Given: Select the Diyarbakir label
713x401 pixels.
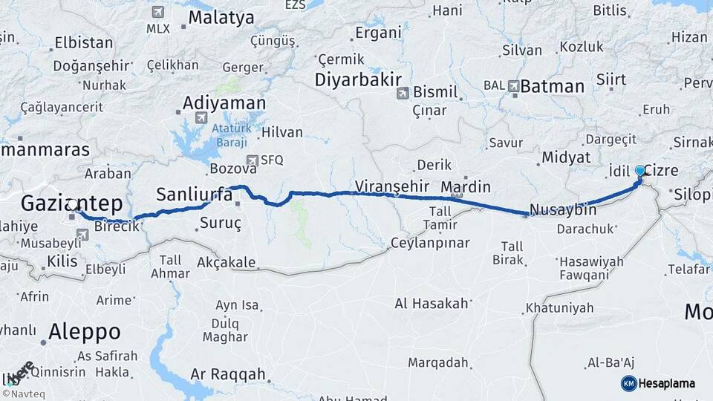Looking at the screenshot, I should pyautogui.click(x=358, y=79).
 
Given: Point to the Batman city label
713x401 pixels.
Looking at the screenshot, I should pyautogui.click(x=552, y=86).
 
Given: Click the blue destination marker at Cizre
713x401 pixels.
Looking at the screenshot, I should pyautogui.click(x=639, y=171).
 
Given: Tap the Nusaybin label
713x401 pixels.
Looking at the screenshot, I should pyautogui.click(x=564, y=210).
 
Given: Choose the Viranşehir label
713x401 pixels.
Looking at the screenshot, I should pyautogui.click(x=393, y=185).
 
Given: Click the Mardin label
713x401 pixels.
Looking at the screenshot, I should pyautogui.click(x=466, y=186).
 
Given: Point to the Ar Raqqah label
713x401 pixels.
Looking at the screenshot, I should pyautogui.click(x=227, y=375).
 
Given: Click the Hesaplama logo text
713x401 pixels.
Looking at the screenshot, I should pyautogui.click(x=666, y=383).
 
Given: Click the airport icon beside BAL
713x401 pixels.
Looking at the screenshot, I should pyautogui.click(x=514, y=86).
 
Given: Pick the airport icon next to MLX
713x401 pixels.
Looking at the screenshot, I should pyautogui.click(x=157, y=13).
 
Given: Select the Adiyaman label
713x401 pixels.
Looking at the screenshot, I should pyautogui.click(x=224, y=102).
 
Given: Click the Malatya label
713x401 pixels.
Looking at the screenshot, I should pyautogui.click(x=221, y=18).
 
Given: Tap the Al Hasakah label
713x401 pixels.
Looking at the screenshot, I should pyautogui.click(x=432, y=303).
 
